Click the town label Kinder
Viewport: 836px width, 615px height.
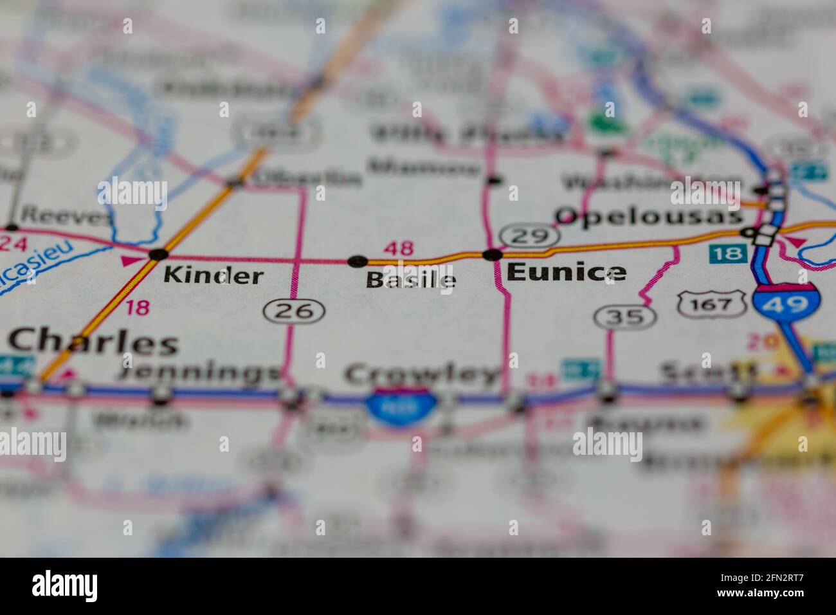click(213, 275)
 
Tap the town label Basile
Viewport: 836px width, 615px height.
click(412, 279)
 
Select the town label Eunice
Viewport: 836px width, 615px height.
click(566, 273)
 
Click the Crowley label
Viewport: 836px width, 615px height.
click(422, 372)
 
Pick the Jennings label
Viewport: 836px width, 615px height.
click(201, 372)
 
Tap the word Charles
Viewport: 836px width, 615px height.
click(93, 342)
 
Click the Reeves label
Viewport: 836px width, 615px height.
click(68, 217)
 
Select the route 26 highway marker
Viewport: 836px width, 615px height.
click(293, 311)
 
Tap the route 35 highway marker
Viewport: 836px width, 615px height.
click(624, 316)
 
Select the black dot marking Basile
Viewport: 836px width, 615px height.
click(357, 261)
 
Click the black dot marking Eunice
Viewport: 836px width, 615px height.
click(493, 255)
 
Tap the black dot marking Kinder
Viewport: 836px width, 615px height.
click(158, 255)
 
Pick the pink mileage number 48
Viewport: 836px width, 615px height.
click(399, 248)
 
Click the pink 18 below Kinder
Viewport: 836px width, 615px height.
click(136, 307)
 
